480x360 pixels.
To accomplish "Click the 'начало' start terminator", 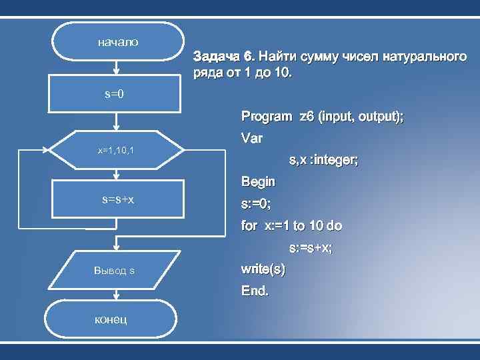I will pos(117,42).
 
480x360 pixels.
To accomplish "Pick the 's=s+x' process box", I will pos(117,199).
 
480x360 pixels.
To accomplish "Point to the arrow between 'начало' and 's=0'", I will pos(117,69).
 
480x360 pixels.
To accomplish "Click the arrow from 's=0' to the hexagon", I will pos(117,123).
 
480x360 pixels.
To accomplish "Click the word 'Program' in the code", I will pos(266,117).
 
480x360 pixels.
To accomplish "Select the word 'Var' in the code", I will pos(252,139).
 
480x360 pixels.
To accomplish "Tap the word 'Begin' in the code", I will pos(258,181).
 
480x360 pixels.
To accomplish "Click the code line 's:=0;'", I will pos(256,203).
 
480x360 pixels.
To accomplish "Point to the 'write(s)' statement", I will pos(263,270).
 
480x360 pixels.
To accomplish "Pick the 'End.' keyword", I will pos(255,291).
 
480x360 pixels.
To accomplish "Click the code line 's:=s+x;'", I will pos(311,248).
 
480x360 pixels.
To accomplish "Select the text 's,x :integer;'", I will pos(323,161).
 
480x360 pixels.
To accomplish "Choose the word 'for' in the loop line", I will pos(249,226).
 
